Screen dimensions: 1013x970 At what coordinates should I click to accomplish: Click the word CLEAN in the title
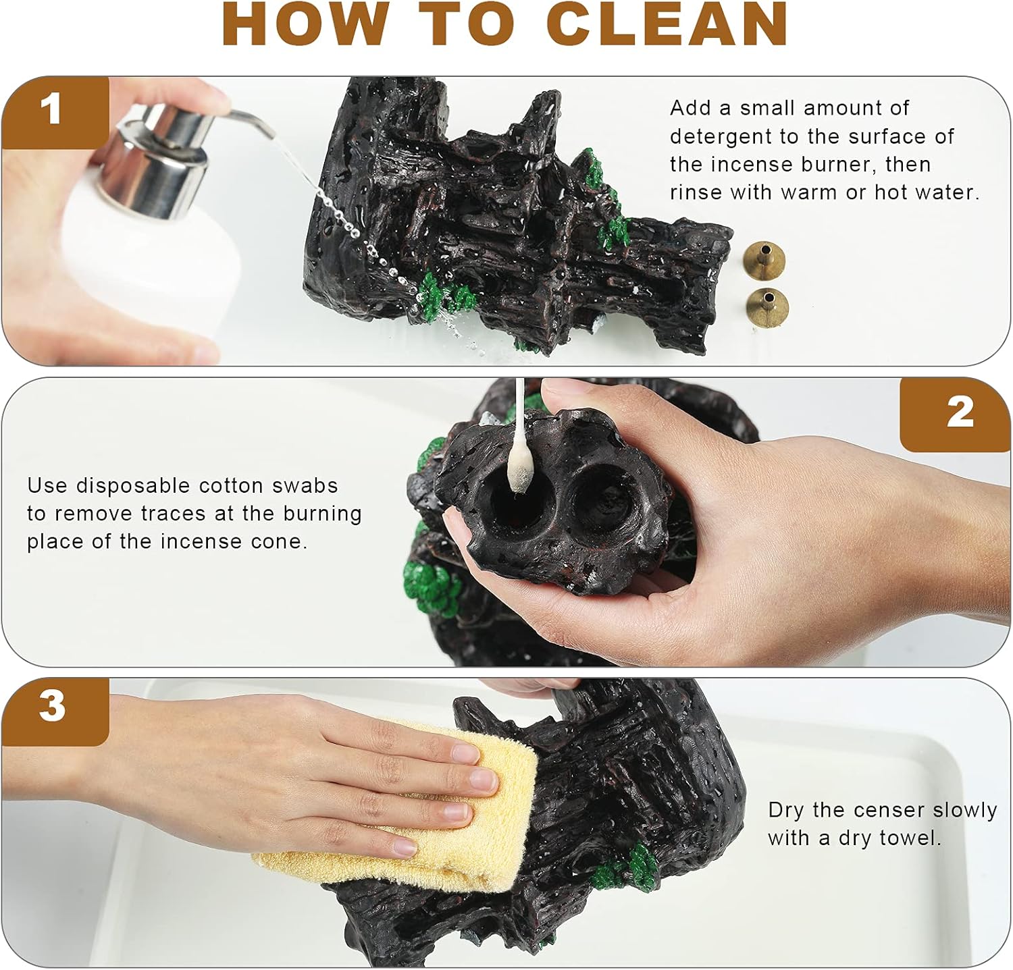(667, 24)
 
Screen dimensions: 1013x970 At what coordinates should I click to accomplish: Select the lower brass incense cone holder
(767, 304)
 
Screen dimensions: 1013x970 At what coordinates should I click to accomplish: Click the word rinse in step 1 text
(696, 192)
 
